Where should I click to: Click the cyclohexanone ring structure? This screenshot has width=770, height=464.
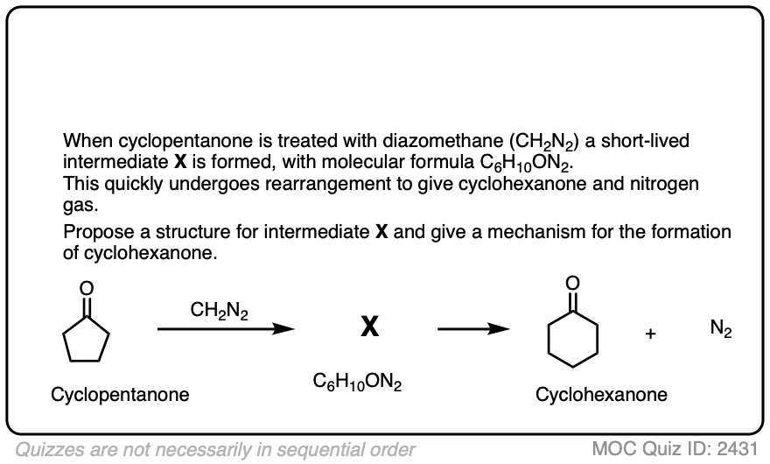tap(572, 336)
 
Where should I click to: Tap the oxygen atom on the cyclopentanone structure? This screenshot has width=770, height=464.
tap(86, 286)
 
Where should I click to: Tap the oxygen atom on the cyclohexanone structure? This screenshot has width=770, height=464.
tap(572, 282)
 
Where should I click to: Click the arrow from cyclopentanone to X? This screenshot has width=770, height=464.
tap(224, 329)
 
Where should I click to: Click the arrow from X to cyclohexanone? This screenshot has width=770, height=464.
tap(473, 329)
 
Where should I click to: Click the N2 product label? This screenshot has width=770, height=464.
tap(722, 330)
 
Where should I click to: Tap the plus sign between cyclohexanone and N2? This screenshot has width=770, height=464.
tap(651, 335)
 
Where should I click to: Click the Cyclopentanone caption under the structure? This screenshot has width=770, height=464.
tap(120, 394)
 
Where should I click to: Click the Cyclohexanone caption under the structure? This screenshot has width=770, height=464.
tap(601, 394)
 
